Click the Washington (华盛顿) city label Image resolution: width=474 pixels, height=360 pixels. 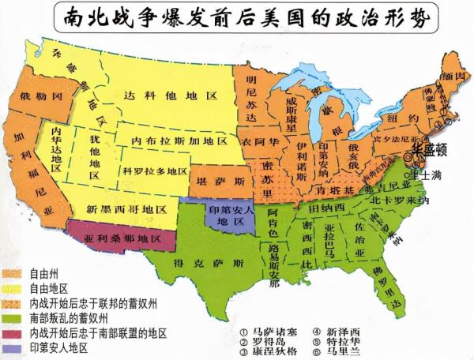(x=428, y=148)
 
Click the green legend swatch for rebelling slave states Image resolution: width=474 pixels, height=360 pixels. (x=13, y=317)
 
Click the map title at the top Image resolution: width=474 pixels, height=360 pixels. (x=237, y=17)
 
